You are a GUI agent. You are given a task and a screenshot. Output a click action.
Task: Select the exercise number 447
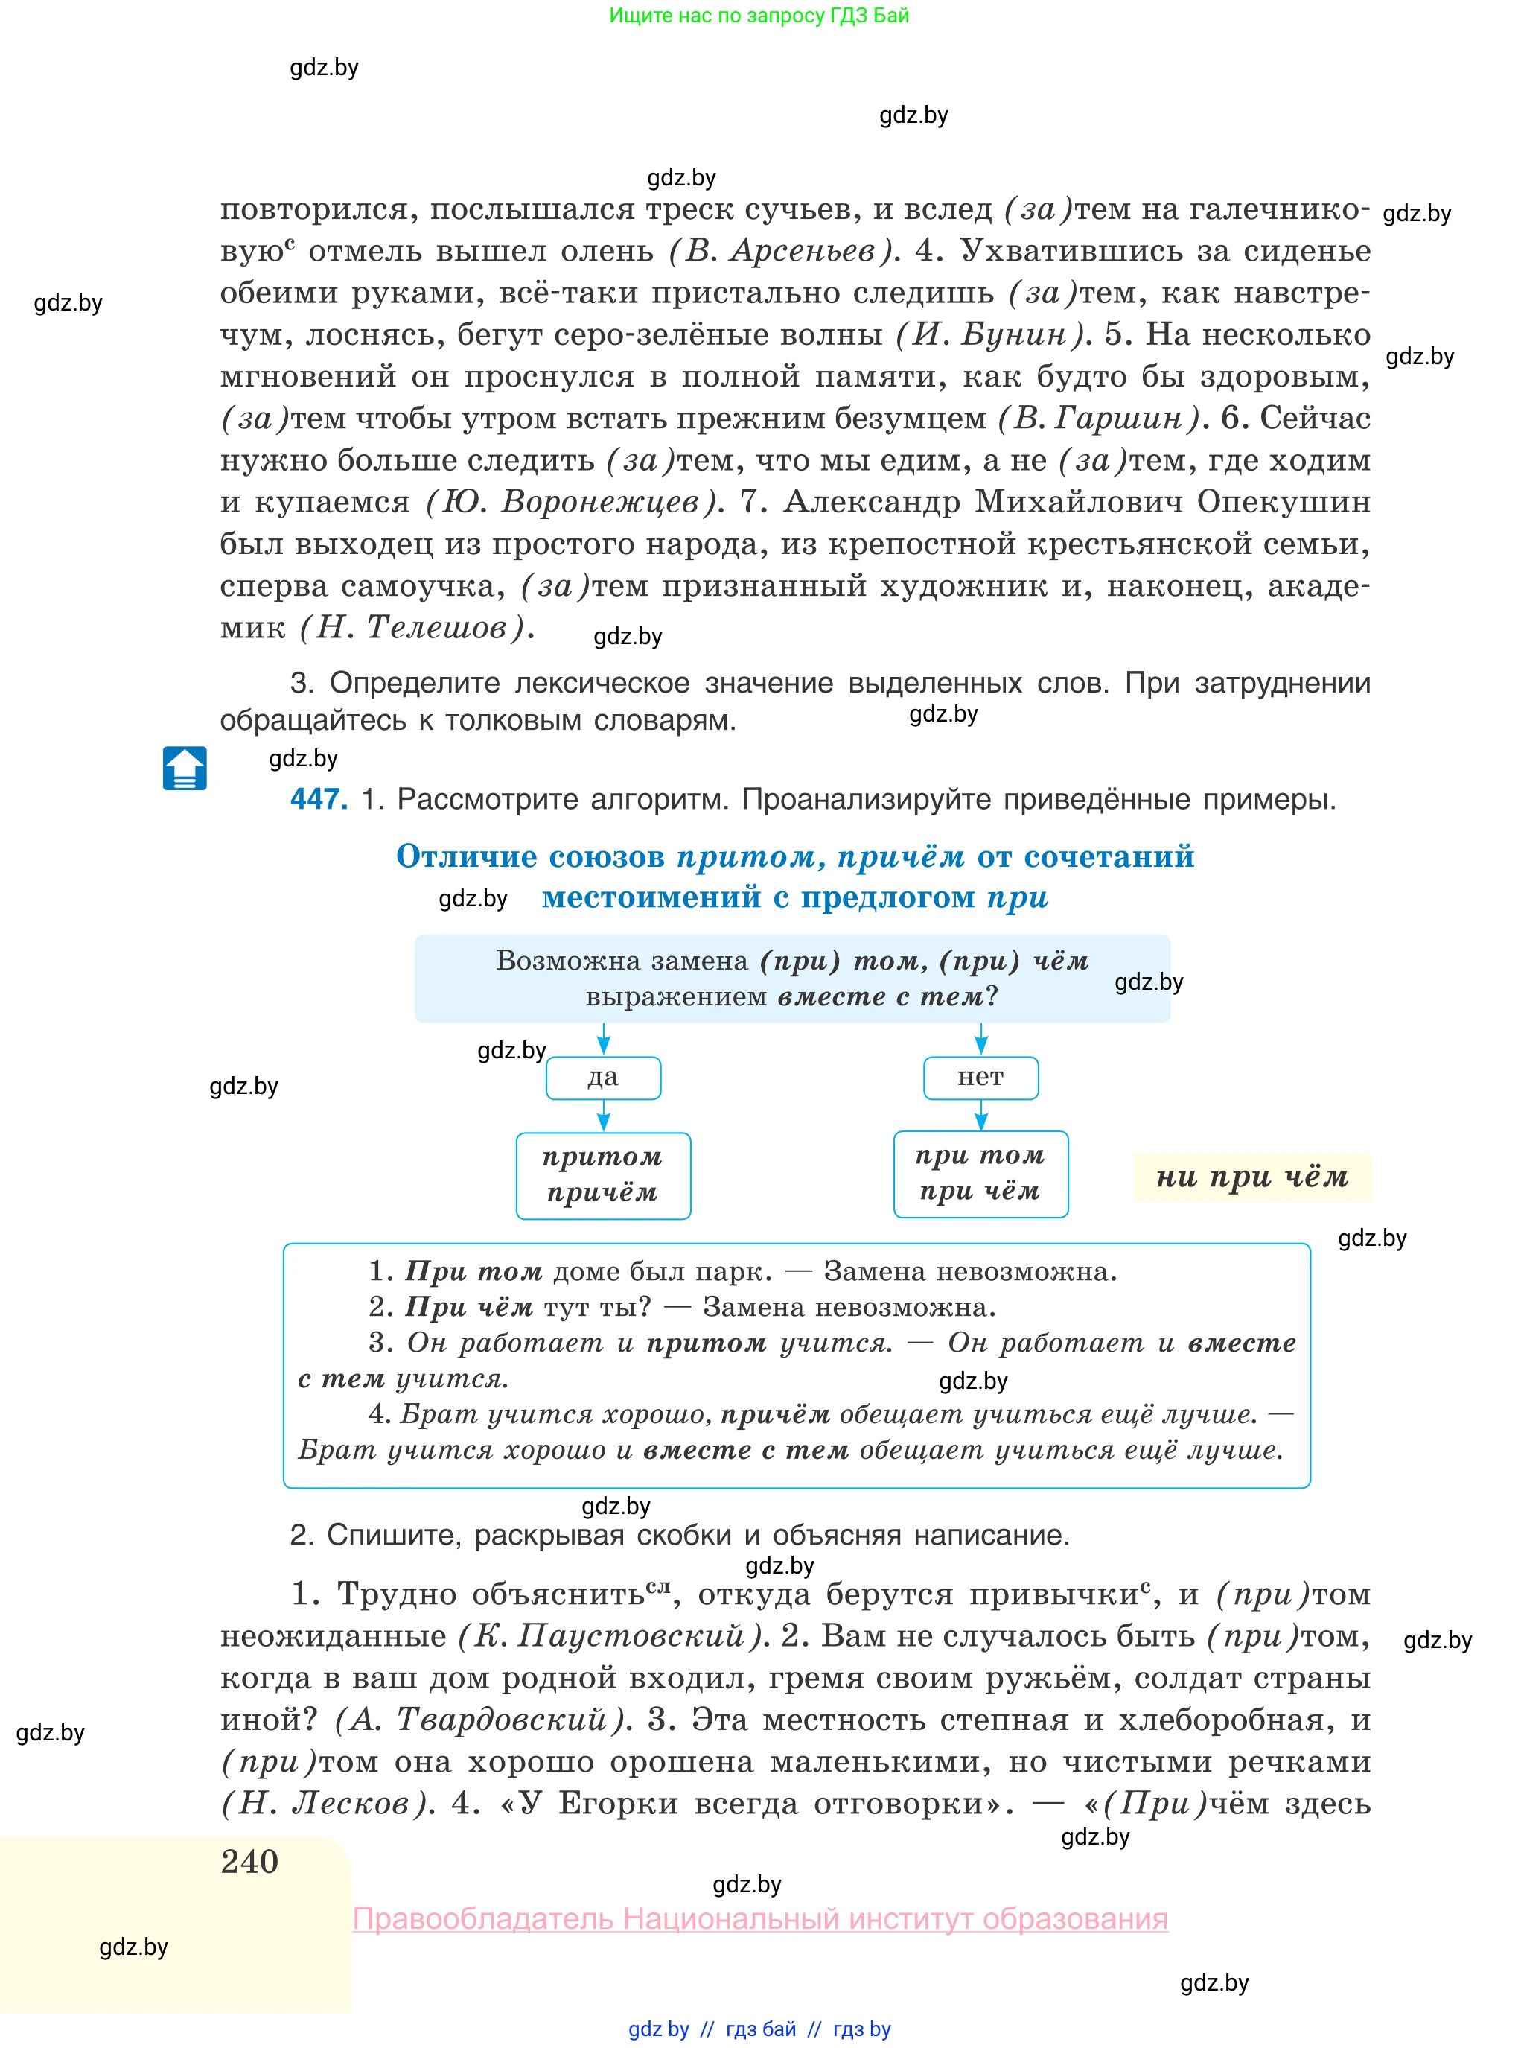[x=319, y=798]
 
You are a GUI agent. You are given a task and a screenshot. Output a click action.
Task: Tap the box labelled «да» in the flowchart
[x=603, y=1078]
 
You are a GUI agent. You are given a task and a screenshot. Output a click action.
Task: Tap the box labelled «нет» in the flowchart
[x=980, y=1078]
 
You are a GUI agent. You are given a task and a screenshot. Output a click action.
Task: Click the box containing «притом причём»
[x=603, y=1175]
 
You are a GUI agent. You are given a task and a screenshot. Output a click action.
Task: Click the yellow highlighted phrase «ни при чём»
[x=1252, y=1177]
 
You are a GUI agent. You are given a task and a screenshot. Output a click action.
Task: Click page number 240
[x=249, y=1861]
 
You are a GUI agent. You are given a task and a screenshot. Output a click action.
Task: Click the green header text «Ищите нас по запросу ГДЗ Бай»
[x=759, y=16]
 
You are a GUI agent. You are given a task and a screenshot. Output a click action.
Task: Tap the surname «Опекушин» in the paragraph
[x=1284, y=502]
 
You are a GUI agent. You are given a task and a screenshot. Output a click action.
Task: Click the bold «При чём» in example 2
[x=470, y=1307]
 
